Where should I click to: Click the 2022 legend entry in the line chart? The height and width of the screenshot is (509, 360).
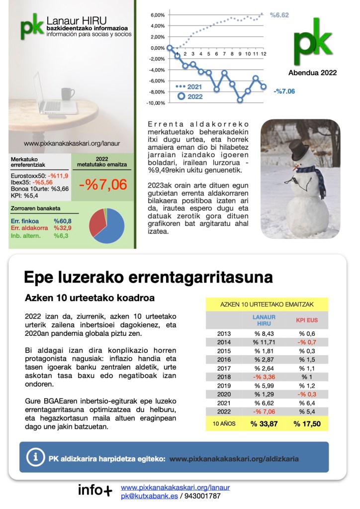pyautogui.click(x=191, y=97)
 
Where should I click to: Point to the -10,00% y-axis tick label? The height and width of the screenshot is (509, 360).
pyautogui.click(x=156, y=103)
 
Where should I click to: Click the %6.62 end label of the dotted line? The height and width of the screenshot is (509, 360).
pyautogui.click(x=279, y=15)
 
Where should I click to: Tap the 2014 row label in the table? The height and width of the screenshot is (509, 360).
pyautogui.click(x=224, y=342)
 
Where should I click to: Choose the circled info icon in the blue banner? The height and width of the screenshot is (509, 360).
pyautogui.click(x=35, y=457)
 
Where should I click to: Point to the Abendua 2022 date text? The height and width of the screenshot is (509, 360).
pyautogui.click(x=312, y=73)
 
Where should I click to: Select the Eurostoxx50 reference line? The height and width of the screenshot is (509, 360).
pyautogui.click(x=39, y=176)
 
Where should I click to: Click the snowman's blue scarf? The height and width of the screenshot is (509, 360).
pyautogui.click(x=302, y=172)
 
